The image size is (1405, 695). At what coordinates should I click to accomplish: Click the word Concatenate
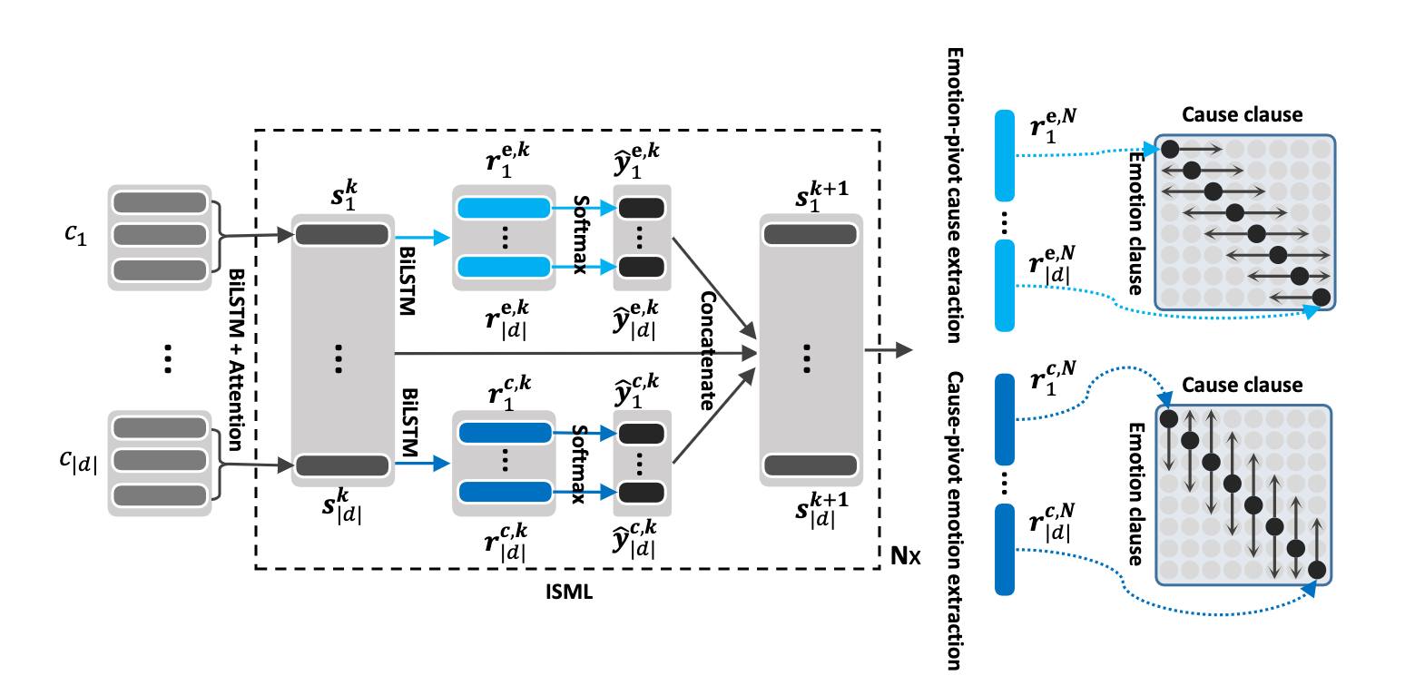click(x=708, y=349)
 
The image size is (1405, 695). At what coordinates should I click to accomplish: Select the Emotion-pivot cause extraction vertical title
click(x=953, y=196)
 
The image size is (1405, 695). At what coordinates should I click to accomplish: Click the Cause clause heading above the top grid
click(x=1242, y=115)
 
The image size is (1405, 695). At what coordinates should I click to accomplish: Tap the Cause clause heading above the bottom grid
click(x=1242, y=385)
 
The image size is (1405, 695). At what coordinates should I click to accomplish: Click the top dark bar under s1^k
click(x=342, y=234)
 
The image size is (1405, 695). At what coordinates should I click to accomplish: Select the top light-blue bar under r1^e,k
click(x=504, y=209)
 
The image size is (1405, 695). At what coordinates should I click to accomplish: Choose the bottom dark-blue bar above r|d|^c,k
click(x=504, y=492)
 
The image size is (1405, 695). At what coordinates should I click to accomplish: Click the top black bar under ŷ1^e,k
click(x=641, y=209)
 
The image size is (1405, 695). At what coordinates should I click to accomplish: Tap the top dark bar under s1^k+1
click(x=810, y=234)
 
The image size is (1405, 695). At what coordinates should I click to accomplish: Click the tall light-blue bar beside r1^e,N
click(x=1004, y=155)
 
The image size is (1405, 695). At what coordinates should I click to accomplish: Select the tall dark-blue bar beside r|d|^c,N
click(x=1004, y=550)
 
